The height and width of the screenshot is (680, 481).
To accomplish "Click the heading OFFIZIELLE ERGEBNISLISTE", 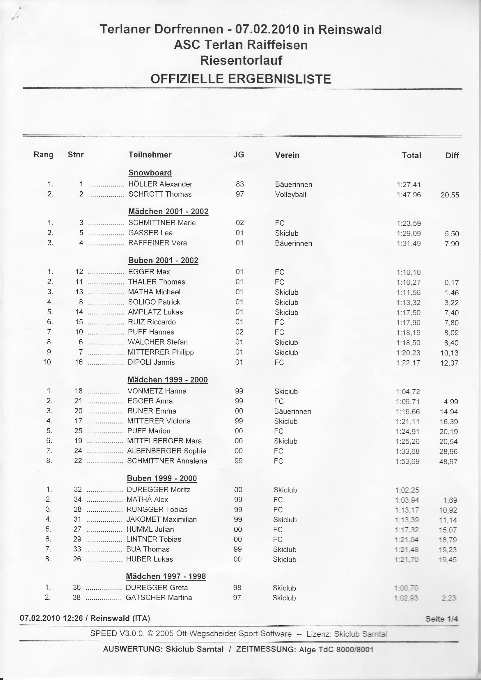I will pyautogui.click(x=241, y=79).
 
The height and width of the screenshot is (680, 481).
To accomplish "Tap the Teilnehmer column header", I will pyautogui.click(x=150, y=155).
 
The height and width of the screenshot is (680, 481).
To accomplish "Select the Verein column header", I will pyautogui.click(x=287, y=155).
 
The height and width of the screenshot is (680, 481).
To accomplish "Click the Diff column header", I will pyautogui.click(x=452, y=156).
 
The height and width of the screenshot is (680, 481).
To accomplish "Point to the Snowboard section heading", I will pyautogui.click(x=150, y=173).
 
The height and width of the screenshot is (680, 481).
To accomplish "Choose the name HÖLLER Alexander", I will pyautogui.click(x=160, y=184).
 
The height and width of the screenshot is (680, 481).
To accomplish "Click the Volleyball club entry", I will pyautogui.click(x=290, y=195).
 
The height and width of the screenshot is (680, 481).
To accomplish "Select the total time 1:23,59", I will pyautogui.click(x=409, y=223).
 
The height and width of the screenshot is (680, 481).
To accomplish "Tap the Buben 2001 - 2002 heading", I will pyautogui.click(x=163, y=260).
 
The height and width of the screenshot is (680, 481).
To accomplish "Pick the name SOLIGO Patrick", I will pyautogui.click(x=154, y=302).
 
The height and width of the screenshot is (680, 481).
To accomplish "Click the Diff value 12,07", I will pyautogui.click(x=449, y=363).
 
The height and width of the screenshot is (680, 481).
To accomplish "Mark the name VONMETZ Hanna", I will pyautogui.click(x=157, y=391).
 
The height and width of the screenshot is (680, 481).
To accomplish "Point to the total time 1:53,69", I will pyautogui.click(x=407, y=461).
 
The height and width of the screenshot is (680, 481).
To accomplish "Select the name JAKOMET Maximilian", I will pyautogui.click(x=161, y=519).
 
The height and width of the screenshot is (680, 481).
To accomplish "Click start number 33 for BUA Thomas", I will pyautogui.click(x=77, y=549).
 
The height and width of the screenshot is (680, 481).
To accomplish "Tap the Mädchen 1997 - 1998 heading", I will pyautogui.click(x=166, y=576).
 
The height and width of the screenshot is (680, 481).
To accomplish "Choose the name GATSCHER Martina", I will pyautogui.click(x=159, y=597).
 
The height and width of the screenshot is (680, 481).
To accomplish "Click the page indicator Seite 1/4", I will pyautogui.click(x=442, y=619).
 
